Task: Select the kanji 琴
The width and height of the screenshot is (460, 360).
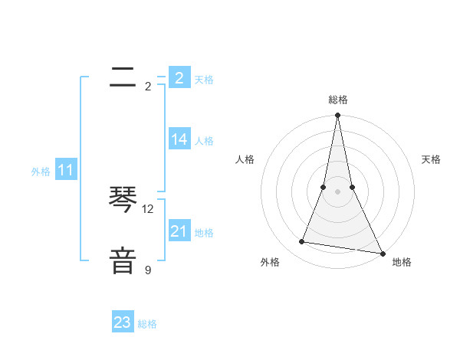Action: coord(123,201)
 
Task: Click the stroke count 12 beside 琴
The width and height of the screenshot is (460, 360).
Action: coord(148,209)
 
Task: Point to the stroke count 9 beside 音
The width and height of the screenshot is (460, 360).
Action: coord(148,270)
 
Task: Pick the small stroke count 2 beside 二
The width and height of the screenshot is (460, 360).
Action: coord(148,87)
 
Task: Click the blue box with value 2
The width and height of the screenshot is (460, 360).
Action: coord(179,78)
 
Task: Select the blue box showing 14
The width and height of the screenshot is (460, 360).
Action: coord(179,139)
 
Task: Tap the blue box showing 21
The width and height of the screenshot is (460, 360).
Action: coord(179,231)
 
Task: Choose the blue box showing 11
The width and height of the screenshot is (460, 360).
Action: coord(65,171)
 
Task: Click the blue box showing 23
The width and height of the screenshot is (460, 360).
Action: coord(123,322)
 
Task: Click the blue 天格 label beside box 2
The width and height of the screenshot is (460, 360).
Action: coord(204,80)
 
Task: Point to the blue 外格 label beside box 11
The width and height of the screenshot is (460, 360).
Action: coord(41,172)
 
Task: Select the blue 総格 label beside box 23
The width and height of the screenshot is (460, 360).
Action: coord(147,324)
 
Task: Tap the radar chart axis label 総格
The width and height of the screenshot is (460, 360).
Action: coord(337,100)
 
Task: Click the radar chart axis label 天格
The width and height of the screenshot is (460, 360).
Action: coord(432,159)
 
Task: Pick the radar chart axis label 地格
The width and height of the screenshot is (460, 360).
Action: coord(402,262)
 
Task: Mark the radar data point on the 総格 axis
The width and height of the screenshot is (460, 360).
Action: coord(337,116)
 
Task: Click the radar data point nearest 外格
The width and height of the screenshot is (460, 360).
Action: coord(302,242)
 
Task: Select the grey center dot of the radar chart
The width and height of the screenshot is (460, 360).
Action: coord(337,191)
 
